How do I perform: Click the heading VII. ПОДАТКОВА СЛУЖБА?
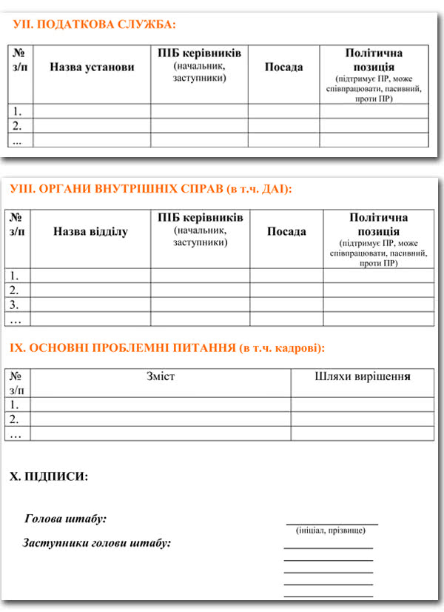pyautogui.click(x=95, y=24)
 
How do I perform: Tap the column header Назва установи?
pyautogui.click(x=92, y=67)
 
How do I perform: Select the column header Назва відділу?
pyautogui.click(x=90, y=232)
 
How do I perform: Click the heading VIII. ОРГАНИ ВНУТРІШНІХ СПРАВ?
pyautogui.click(x=152, y=189)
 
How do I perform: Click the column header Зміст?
pyautogui.click(x=161, y=377)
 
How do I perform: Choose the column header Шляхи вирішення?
pyautogui.click(x=362, y=377)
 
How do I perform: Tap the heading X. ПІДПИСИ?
pyautogui.click(x=49, y=476)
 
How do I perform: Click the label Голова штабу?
pyautogui.click(x=66, y=519)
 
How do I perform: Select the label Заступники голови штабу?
pyautogui.click(x=97, y=543)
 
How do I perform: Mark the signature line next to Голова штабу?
pyautogui.click(x=332, y=523)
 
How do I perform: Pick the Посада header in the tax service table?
pyautogui.click(x=283, y=67)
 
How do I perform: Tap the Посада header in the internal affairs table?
pyautogui.click(x=286, y=232)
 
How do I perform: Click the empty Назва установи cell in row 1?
pyautogui.click(x=92, y=111)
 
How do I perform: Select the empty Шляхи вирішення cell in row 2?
pyautogui.click(x=362, y=419)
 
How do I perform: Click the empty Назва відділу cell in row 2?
pyautogui.click(x=90, y=290)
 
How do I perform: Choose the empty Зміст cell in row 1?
pyautogui.click(x=161, y=405)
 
